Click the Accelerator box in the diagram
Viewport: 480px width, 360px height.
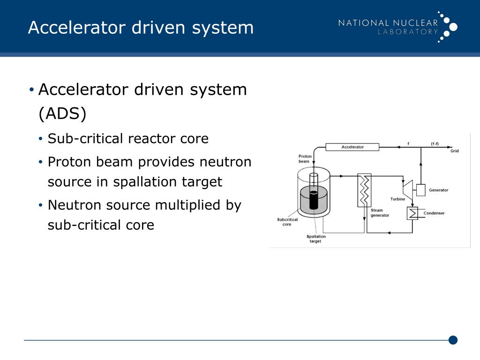coord(352,147)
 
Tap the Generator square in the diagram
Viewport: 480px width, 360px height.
coord(420,190)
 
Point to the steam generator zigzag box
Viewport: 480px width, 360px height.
coord(364,190)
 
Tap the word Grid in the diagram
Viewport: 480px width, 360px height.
coord(455,151)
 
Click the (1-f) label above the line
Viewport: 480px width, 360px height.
coord(435,143)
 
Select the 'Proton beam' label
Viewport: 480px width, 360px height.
coord(304,158)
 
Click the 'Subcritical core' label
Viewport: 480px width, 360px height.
coord(287,222)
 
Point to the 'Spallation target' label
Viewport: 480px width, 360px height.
coord(315,239)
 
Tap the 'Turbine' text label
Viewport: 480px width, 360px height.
coord(398,199)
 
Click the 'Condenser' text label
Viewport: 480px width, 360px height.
coord(434,213)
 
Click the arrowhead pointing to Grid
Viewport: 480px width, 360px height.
coord(450,147)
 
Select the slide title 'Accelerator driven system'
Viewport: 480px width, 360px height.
coord(141,27)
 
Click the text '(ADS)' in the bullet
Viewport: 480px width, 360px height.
coord(62,113)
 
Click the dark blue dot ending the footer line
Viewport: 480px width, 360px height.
coord(453,340)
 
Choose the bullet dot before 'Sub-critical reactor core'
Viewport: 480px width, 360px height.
coord(41,139)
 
